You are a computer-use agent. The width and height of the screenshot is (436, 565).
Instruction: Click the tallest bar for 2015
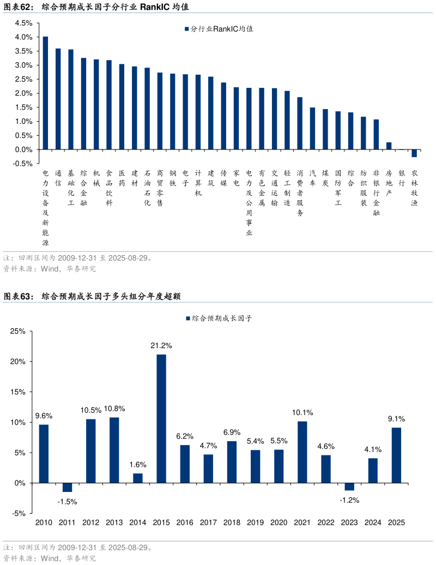coord(161,419)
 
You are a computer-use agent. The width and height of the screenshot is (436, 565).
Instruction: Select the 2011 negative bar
coord(67,488)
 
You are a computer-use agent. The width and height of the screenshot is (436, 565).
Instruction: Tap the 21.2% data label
coord(161,345)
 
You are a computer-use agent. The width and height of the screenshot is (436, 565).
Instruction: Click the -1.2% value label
coord(349,500)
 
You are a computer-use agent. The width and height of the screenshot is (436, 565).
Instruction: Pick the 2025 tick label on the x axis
coord(396,522)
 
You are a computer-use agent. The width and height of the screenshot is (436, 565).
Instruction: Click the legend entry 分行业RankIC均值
coord(219,29)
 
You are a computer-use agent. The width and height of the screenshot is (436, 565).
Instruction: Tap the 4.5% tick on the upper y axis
coord(25,23)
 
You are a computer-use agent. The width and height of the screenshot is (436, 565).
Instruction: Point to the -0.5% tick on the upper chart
coord(24,164)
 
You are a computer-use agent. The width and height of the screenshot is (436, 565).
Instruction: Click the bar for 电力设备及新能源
coord(45,93)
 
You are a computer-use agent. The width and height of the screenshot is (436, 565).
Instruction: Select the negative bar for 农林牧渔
coord(414,153)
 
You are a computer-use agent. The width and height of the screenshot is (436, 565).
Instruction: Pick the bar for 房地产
coord(389,146)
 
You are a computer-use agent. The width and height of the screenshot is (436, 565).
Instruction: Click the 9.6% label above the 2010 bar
coord(44,415)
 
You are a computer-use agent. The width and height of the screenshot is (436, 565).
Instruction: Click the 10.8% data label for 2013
coord(114,408)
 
